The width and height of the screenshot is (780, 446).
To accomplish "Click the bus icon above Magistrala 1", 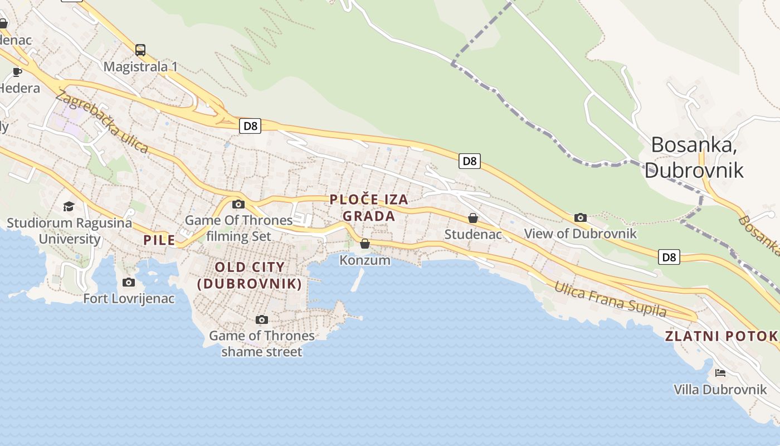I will coord(140,50).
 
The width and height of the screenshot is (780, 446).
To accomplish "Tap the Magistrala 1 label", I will coord(140,67).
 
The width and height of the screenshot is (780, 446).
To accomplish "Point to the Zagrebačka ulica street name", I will coord(102,122).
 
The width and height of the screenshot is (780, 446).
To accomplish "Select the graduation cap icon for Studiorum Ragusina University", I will coord(69,206).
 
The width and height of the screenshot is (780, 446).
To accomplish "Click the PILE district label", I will coord(159,240).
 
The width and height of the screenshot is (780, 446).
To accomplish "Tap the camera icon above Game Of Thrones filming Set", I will coord(238,204).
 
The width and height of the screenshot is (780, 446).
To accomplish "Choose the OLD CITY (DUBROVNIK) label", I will coord(250,275).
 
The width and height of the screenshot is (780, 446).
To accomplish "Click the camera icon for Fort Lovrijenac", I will coord(129,282).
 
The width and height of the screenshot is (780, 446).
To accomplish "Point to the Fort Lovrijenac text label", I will coord(129,299).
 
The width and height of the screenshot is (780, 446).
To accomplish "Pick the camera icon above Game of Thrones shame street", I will coord(262,319).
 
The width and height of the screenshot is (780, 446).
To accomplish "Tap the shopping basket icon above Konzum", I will coord(365,244).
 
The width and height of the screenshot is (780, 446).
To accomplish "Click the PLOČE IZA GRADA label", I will coord(369,207).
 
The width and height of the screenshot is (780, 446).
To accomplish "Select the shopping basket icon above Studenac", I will coord(473,218).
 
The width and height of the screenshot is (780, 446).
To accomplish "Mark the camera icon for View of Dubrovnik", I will coord(581,217).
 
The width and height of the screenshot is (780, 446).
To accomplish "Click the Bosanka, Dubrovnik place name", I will coord(694,157).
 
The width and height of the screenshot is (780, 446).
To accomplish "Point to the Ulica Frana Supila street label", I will coord(610,299).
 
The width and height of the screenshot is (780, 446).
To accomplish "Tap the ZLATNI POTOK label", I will coord(721,336).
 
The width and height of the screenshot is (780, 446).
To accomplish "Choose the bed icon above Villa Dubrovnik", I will coord(720,372).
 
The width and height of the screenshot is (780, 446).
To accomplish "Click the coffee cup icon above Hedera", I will coord(17,71).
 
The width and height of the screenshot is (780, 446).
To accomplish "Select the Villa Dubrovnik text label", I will coord(720,389).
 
